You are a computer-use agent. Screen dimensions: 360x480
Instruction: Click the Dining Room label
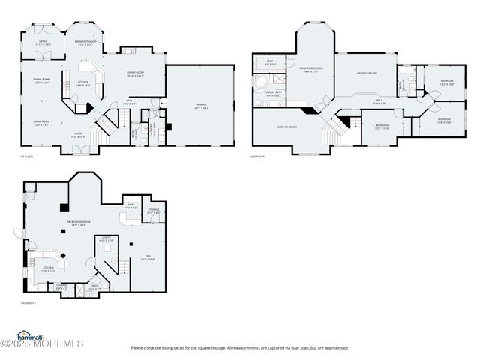point(40,81)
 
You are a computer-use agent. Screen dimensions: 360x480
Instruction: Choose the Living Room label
point(40,122)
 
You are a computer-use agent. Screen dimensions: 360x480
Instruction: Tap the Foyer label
point(78,136)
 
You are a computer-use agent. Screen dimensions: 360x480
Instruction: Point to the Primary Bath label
point(271,94)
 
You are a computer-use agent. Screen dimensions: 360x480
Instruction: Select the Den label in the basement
point(147,257)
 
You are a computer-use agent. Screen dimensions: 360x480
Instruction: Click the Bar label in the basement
point(130,206)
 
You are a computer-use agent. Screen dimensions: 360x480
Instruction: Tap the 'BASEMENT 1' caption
point(28,302)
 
